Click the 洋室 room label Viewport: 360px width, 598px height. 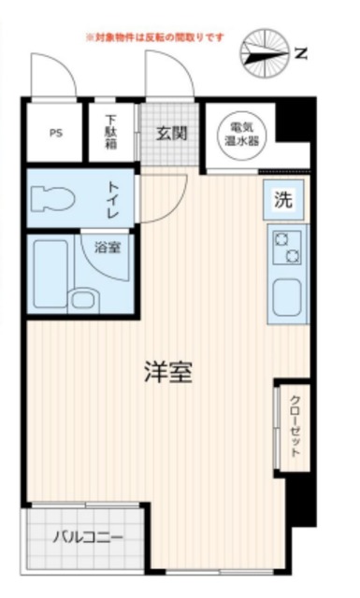[x=168, y=371]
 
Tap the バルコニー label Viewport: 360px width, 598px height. [x=87, y=538]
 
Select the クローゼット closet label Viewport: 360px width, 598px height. [x=295, y=425]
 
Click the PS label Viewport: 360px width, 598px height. [x=56, y=132]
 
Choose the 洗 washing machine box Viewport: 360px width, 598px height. [x=281, y=198]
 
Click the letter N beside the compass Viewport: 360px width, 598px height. [x=300, y=53]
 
